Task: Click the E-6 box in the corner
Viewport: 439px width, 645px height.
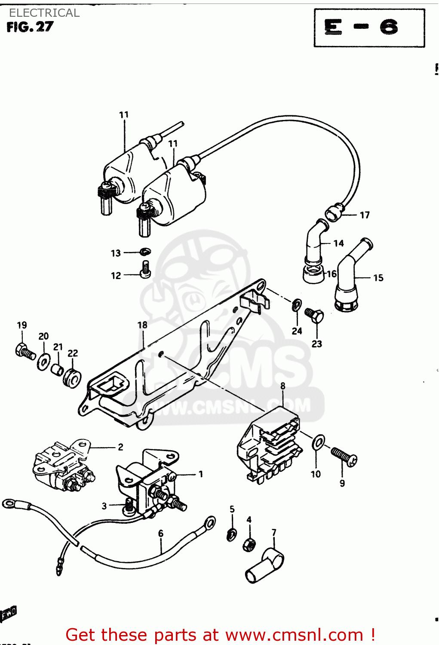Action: click(x=369, y=28)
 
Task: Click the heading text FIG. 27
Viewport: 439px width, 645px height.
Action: click(x=30, y=27)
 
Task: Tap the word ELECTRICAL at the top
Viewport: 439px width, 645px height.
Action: click(x=44, y=13)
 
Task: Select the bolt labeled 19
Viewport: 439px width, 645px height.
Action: click(x=25, y=351)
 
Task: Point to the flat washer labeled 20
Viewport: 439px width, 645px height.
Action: click(x=43, y=362)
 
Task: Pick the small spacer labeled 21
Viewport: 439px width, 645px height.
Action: click(x=57, y=369)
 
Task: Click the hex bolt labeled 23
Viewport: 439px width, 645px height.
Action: click(x=314, y=316)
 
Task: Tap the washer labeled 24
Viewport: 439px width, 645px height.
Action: click(x=297, y=305)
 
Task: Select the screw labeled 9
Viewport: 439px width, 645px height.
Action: click(x=344, y=456)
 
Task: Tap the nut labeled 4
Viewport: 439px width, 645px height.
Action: click(x=249, y=544)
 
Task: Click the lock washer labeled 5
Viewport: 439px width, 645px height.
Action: click(x=231, y=535)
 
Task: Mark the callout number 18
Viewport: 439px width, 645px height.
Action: click(x=142, y=325)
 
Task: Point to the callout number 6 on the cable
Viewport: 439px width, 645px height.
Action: click(x=161, y=533)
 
